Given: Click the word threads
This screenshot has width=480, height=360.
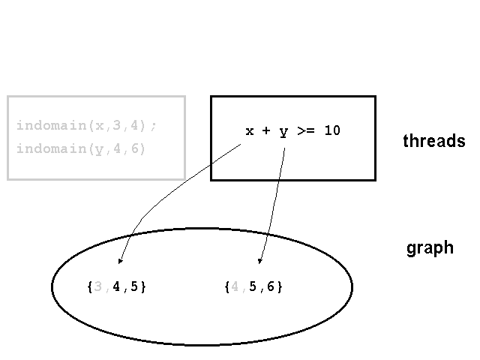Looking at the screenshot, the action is [x=434, y=141].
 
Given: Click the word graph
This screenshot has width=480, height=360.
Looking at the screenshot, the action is [x=430, y=248].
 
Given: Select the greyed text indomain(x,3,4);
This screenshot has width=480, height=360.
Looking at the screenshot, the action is [x=87, y=125].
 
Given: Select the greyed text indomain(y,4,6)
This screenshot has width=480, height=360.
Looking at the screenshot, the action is [x=81, y=149].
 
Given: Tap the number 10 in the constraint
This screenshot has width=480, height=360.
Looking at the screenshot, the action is [x=332, y=130].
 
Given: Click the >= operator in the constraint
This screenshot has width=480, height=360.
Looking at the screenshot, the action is [x=306, y=130].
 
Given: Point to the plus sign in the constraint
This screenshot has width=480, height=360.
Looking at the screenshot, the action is [x=266, y=130].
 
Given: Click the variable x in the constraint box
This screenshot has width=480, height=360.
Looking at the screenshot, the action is [x=250, y=131].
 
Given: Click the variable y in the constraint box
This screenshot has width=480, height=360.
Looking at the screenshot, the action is [x=283, y=132].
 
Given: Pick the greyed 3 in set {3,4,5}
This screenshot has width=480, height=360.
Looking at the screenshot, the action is [x=98, y=286].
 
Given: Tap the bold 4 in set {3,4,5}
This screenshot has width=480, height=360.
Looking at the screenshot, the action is [x=116, y=286].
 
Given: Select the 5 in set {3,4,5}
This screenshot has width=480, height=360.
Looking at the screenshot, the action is [x=134, y=286].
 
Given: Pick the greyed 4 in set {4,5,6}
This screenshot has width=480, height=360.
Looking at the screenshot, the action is [x=235, y=286].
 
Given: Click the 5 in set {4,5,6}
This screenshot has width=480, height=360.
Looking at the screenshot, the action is [x=253, y=286].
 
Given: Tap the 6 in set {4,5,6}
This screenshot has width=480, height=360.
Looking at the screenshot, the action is [x=271, y=286].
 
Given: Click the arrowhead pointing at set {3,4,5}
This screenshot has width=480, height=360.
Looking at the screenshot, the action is [x=120, y=260].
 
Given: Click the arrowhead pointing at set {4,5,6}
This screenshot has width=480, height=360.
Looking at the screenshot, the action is [x=260, y=261].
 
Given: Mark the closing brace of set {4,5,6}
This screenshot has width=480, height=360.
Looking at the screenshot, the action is [x=279, y=286].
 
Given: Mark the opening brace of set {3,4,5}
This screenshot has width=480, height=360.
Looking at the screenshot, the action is [x=90, y=286].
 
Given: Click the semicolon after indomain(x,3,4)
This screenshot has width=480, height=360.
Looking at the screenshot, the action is [x=154, y=126].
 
